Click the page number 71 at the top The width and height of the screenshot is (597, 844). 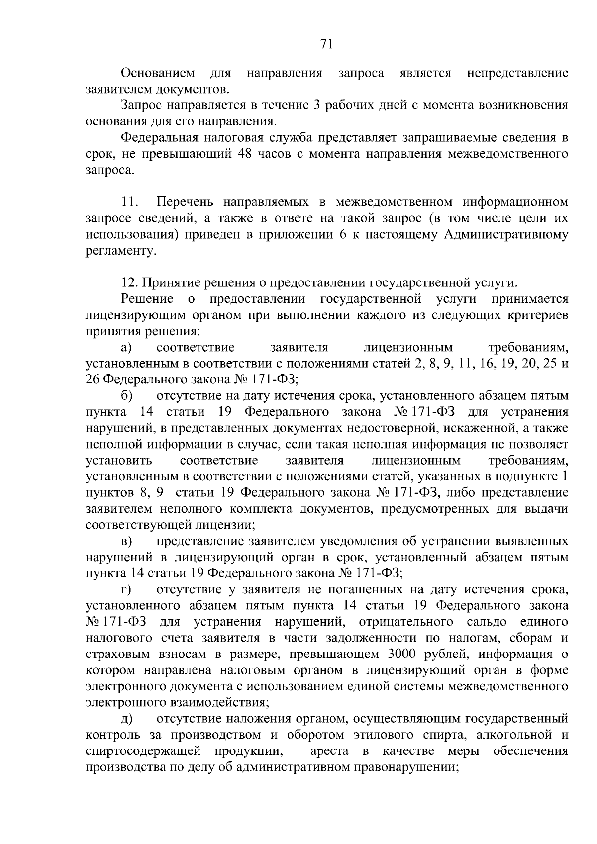click(326, 45)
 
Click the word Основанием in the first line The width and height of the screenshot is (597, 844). click(158, 74)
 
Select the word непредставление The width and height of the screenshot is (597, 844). click(517, 74)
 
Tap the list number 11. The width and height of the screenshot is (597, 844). click(129, 202)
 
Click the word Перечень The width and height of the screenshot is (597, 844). click(185, 202)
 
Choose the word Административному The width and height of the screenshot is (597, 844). click(505, 235)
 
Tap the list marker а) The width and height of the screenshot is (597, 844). click(126, 348)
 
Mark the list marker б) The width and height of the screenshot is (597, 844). click(126, 396)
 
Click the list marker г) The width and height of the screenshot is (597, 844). click(126, 590)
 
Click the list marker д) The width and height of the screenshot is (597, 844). click(126, 719)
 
